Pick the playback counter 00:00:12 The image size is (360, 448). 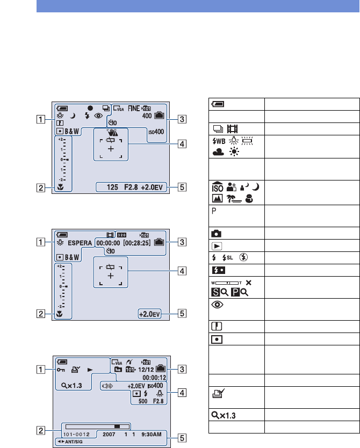tap(153, 378)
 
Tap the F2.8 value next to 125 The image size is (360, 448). tap(131, 187)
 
